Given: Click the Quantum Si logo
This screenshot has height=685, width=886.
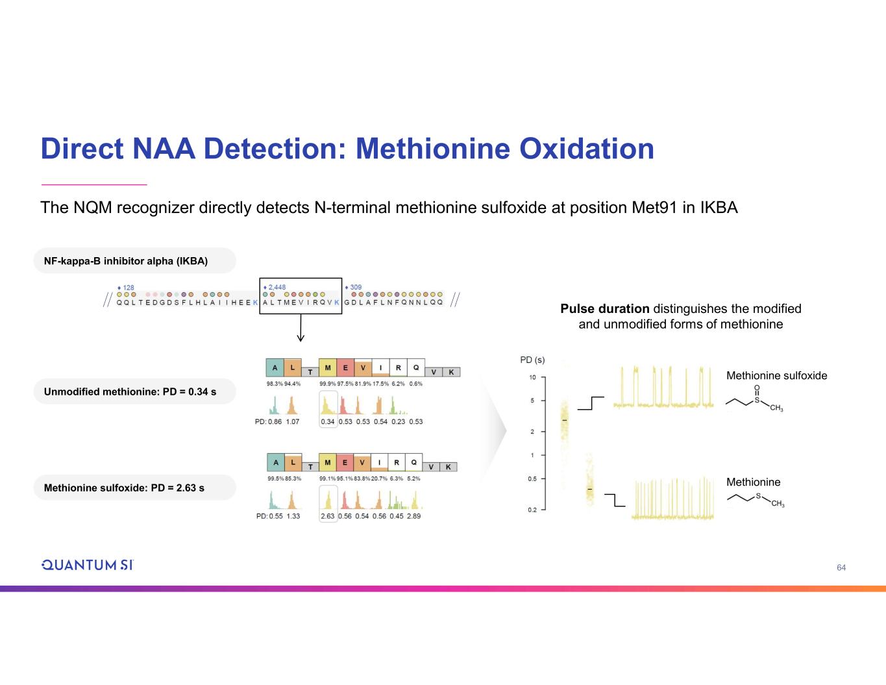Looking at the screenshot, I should pos(87,565).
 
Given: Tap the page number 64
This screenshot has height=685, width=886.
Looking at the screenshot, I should pos(841,567).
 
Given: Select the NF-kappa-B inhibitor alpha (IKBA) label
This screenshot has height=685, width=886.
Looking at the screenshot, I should pos(126,261).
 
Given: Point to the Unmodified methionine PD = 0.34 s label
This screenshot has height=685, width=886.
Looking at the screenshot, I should pos(130,392).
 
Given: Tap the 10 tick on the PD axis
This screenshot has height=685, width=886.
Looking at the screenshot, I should pos(532,377).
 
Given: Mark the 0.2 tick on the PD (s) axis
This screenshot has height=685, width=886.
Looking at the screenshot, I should pos(532,510).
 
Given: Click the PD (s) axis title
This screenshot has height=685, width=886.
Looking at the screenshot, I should pos(532,360).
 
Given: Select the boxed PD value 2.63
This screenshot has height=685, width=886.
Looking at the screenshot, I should pos(328,516).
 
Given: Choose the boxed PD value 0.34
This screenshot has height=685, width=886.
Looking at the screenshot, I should pos(328,421).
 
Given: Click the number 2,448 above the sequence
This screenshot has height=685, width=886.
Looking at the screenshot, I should pos(277,287).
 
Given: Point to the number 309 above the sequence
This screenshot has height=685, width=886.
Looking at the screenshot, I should pos(356,287).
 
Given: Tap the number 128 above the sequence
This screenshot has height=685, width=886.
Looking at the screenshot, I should pos(128,288).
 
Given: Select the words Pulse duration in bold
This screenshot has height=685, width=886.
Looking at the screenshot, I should pos(605,309).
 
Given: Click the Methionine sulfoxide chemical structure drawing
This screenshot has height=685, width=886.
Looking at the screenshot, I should pos(756,399).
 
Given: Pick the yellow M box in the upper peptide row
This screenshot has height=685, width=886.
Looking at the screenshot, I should pos(328,368).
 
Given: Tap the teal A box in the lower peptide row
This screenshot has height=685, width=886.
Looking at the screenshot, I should pos(276,463).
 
